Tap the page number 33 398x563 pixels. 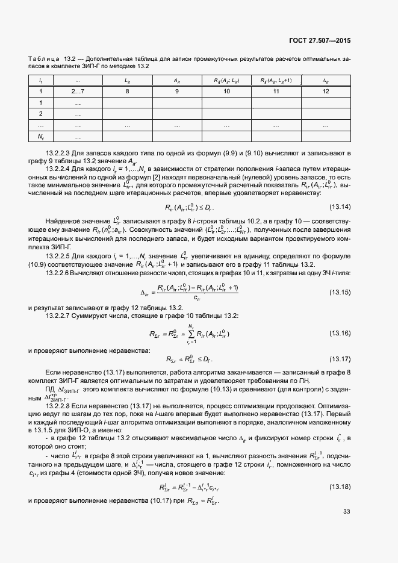tap(346, 512)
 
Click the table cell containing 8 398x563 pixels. tap(127, 91)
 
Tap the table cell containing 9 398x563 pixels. tap(176, 91)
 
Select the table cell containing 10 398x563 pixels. tap(226, 91)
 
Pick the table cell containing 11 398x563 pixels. tap(276, 91)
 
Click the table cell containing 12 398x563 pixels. tap(326, 91)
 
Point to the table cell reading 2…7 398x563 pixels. tap(78, 91)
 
